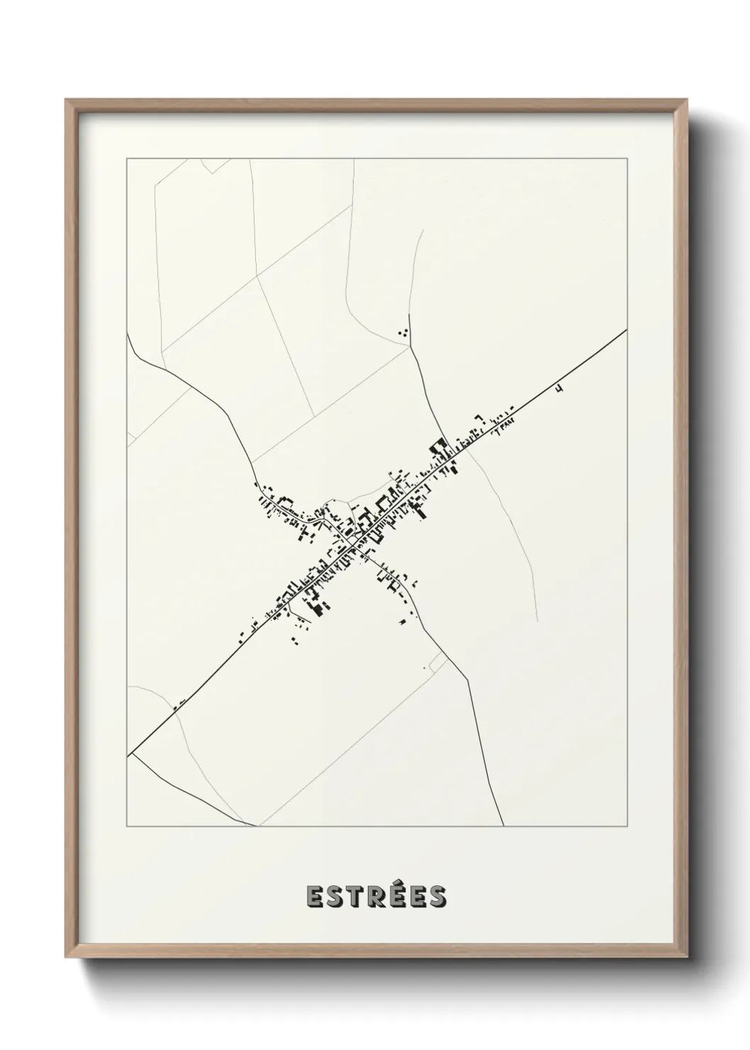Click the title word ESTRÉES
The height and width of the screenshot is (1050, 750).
pyautogui.click(x=376, y=896)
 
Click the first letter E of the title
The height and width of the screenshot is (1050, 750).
pyautogui.click(x=314, y=897)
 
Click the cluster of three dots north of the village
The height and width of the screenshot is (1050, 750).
pyautogui.click(x=404, y=331)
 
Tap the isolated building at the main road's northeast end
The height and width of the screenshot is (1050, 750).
pyautogui.click(x=560, y=388)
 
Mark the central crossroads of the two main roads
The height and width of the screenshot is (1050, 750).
pyautogui.click(x=354, y=543)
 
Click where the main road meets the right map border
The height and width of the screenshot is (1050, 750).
pyautogui.click(x=626, y=331)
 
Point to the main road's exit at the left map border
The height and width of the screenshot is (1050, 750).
pyautogui.click(x=128, y=755)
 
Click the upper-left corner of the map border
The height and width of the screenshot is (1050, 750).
pyautogui.click(x=127, y=159)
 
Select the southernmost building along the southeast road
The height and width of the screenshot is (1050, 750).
pyautogui.click(x=403, y=621)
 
